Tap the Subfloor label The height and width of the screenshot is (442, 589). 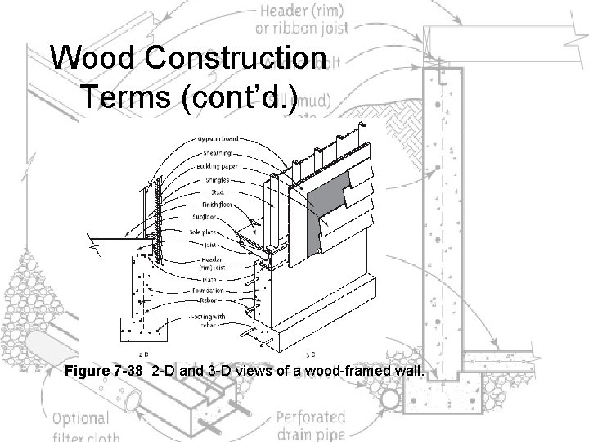point(208,219)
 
